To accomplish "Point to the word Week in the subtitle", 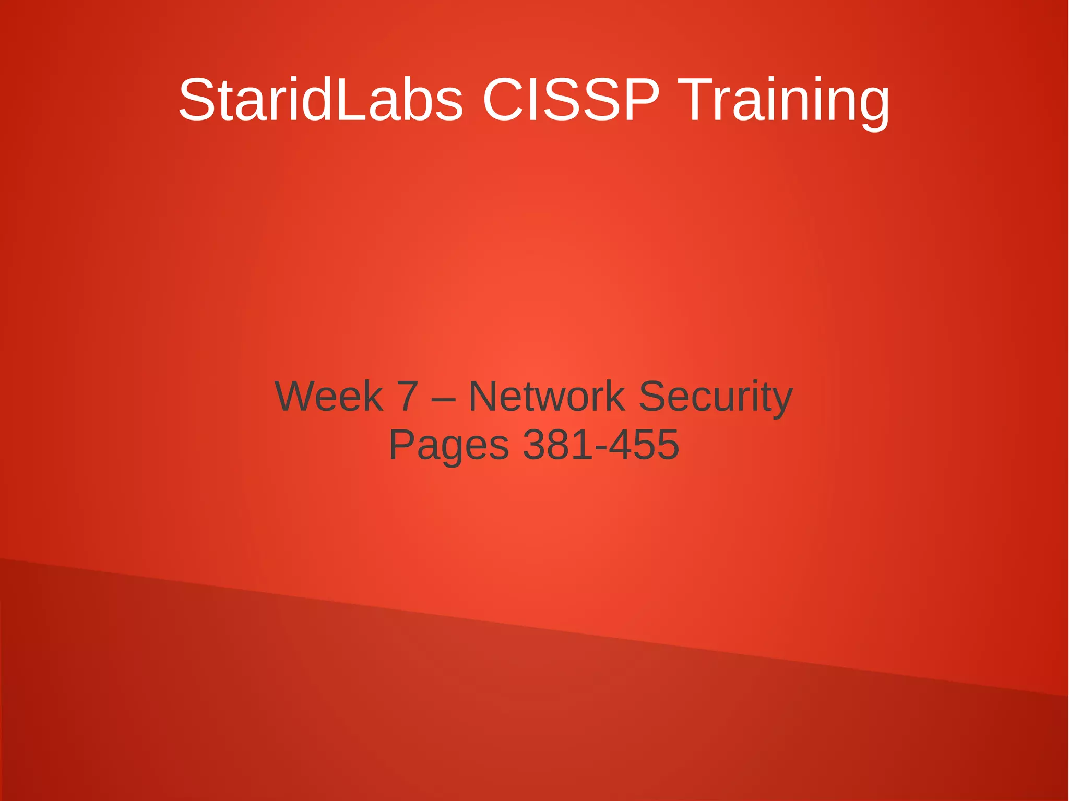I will click(329, 396).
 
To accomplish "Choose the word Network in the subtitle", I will click(547, 396).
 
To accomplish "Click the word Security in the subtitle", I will click(716, 396).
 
